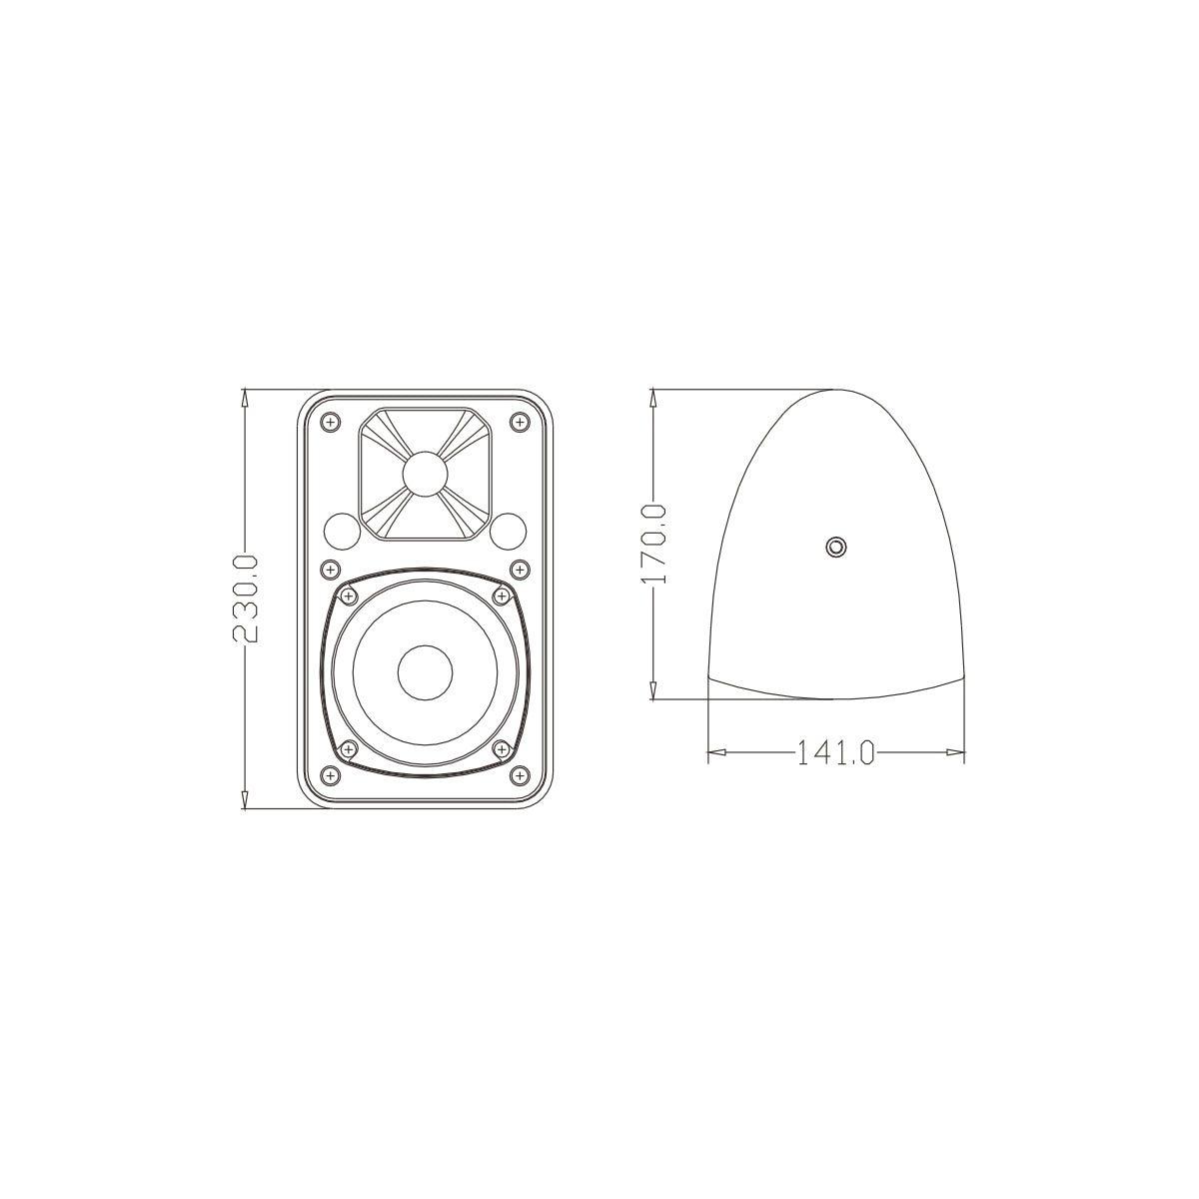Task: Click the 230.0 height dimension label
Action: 246,599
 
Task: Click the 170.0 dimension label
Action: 654,545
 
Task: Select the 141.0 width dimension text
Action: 835,751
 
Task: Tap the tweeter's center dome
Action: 425,473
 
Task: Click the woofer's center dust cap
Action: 425,672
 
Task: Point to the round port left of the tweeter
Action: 342,530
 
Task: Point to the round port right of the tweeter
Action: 508,530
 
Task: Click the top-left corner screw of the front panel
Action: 330,423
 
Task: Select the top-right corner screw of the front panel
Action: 519,423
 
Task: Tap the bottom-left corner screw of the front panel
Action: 330,775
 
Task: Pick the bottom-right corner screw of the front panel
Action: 519,775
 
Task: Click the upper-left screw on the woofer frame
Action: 348,597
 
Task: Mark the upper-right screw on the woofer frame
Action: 502,597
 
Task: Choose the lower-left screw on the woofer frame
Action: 348,748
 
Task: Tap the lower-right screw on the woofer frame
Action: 502,748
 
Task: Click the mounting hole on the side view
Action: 835,547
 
